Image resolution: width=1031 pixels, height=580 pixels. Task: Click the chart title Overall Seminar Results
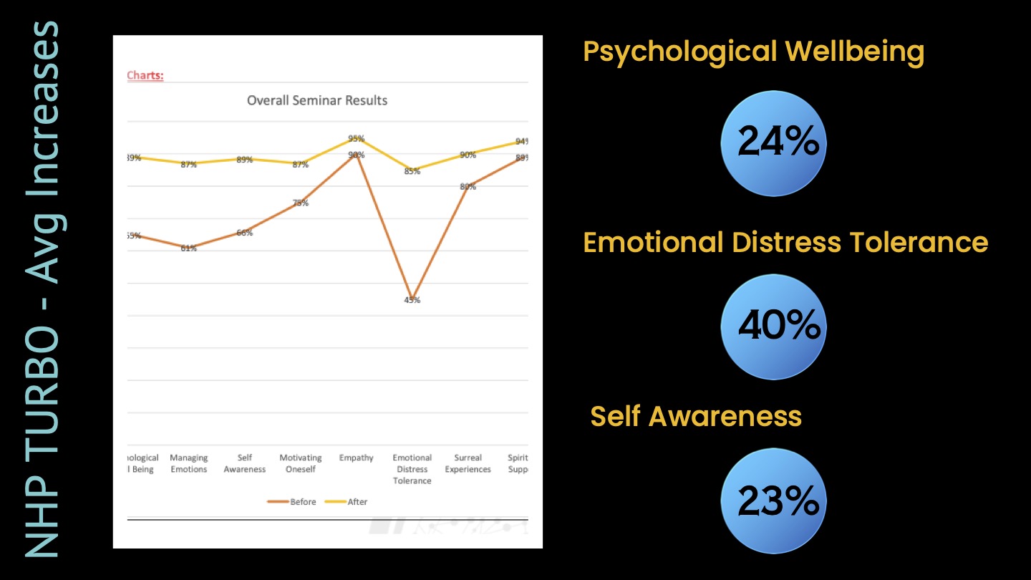[317, 101]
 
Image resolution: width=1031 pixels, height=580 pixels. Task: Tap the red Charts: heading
[145, 75]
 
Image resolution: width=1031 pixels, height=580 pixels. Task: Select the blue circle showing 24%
[774, 143]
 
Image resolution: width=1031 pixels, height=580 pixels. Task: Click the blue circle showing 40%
[774, 327]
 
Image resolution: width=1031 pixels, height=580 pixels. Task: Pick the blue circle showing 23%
[774, 501]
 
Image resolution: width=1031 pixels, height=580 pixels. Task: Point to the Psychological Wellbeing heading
[753, 52]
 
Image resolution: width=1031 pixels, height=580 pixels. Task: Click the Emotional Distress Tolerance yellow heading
[785, 242]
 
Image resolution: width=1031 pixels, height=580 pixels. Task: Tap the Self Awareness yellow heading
[696, 416]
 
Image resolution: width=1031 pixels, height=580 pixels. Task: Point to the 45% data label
[412, 300]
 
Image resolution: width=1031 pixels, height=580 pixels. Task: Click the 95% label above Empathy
[357, 138]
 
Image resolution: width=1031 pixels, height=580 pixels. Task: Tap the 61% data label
[189, 248]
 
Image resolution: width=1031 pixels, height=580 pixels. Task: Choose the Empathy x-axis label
[357, 458]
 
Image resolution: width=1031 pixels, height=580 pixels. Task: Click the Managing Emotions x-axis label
[189, 463]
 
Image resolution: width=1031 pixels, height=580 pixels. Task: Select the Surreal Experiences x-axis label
[468, 463]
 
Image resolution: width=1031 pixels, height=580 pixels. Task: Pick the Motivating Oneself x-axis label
[301, 463]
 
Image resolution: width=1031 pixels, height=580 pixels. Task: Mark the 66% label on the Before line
[245, 233]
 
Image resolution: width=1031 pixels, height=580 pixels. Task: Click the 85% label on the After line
[412, 171]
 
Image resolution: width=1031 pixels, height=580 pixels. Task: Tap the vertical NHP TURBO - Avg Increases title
[42, 290]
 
